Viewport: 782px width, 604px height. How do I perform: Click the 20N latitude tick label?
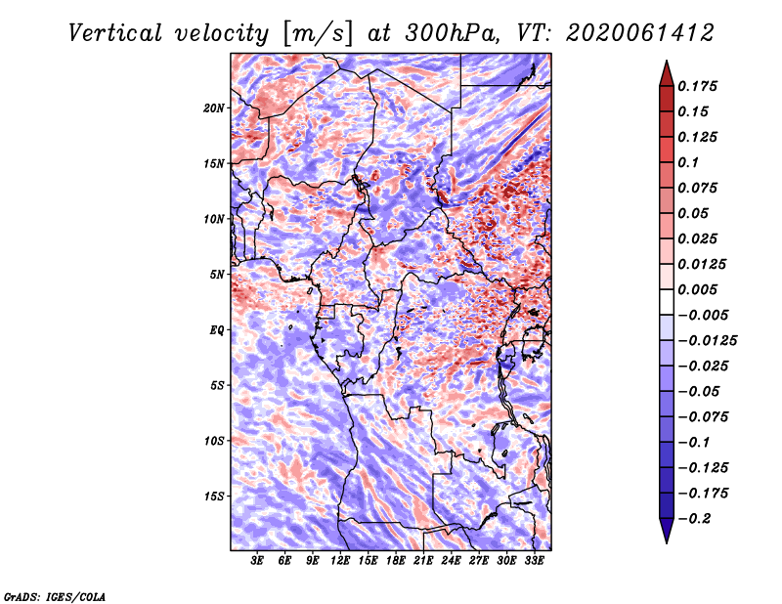click(214, 108)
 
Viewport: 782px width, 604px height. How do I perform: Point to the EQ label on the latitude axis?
click(216, 330)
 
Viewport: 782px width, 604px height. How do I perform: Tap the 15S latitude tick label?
click(214, 496)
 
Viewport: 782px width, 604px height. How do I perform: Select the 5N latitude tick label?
click(217, 275)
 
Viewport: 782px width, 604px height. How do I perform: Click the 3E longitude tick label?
click(257, 560)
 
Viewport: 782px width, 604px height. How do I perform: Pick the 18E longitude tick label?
click(395, 560)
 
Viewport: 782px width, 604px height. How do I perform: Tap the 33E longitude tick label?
click(534, 560)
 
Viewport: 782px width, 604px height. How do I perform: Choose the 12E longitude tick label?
click(339, 560)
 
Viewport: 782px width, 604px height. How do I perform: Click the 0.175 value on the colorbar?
click(697, 86)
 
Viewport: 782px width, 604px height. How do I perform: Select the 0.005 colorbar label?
click(697, 289)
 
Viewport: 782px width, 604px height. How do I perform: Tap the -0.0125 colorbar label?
click(707, 341)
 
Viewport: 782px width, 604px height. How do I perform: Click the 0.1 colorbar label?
click(688, 162)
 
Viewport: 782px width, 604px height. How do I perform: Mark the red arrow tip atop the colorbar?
click(667, 62)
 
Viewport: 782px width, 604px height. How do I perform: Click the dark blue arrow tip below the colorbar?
click(667, 542)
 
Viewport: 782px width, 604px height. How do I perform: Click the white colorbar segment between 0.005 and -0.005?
click(667, 302)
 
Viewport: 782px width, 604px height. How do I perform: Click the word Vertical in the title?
click(115, 33)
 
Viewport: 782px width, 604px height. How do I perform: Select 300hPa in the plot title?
click(453, 33)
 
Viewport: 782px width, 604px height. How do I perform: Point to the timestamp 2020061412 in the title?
click(640, 33)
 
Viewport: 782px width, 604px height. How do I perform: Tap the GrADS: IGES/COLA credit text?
click(55, 597)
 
